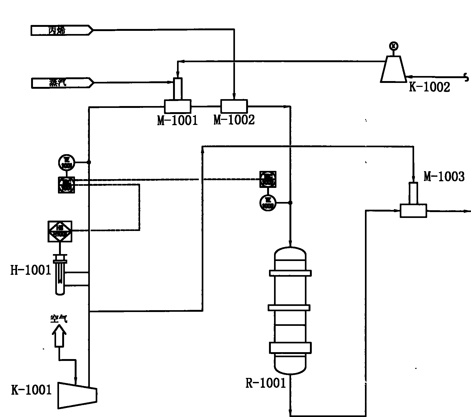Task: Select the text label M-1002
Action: pyautogui.click(x=234, y=120)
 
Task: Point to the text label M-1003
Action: pyautogui.click(x=444, y=177)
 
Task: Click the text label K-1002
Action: pyautogui.click(x=429, y=87)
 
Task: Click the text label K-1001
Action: pyautogui.click(x=31, y=390)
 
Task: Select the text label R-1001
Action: pyautogui.click(x=265, y=383)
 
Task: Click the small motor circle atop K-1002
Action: pyautogui.click(x=394, y=46)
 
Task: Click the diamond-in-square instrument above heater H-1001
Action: pyautogui.click(x=60, y=231)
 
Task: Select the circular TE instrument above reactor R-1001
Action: pyautogui.click(x=268, y=203)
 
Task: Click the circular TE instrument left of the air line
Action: pyautogui.click(x=66, y=162)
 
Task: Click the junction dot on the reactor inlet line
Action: pyautogui.click(x=290, y=203)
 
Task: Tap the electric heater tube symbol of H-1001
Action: pyautogui.click(x=60, y=276)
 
